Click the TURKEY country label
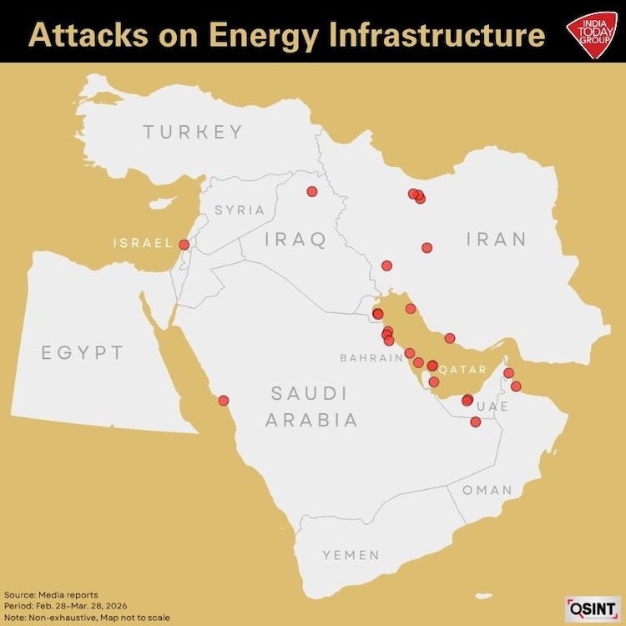click(x=193, y=132)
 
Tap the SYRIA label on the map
click(x=240, y=210)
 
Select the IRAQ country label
click(x=295, y=240)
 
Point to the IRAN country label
click(x=497, y=240)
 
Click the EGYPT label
click(x=83, y=352)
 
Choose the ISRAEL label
click(x=143, y=244)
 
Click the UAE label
click(x=492, y=406)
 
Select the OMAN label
click(x=487, y=490)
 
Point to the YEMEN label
click(x=351, y=554)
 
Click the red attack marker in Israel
click(x=184, y=245)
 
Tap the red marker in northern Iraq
click(x=312, y=191)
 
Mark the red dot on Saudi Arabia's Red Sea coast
click(x=223, y=400)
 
